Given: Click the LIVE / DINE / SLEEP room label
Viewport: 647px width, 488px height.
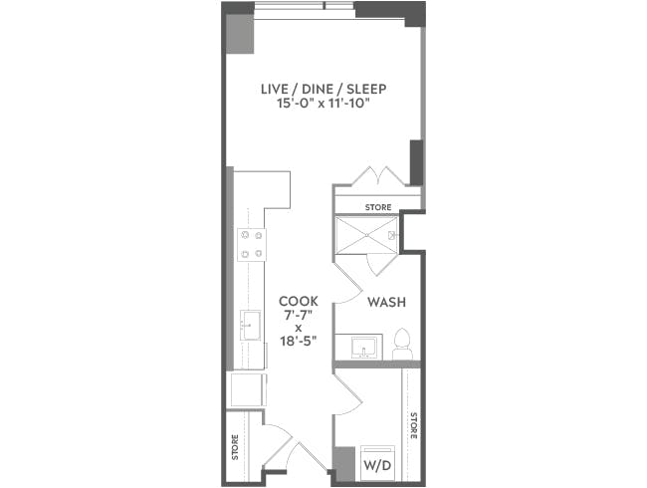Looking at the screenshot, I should tap(323, 90).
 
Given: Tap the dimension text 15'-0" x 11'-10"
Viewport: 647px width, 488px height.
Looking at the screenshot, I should tap(323, 104).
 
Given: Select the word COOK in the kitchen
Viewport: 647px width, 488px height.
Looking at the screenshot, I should tap(299, 301).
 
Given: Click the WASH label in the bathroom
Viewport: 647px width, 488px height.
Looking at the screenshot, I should tap(384, 302).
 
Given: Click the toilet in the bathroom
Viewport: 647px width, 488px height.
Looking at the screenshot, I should tap(403, 344).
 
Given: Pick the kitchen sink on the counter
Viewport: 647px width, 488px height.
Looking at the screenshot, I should tap(250, 324).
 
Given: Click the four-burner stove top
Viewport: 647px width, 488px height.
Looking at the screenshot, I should tap(251, 244).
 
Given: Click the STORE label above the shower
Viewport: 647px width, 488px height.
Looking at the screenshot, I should tap(378, 207).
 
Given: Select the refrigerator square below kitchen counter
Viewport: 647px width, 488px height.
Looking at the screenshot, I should tap(248, 388).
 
